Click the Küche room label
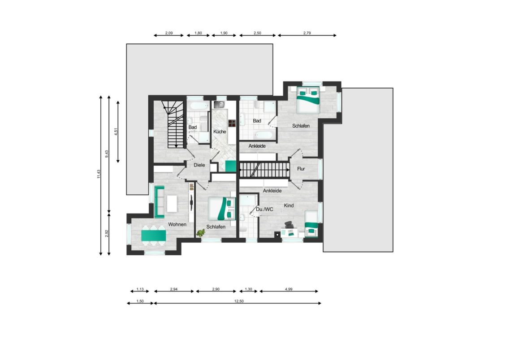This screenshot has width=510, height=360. [x=220, y=132]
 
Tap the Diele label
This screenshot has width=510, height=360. [x=199, y=165]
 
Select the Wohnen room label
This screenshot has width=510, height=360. [x=177, y=224]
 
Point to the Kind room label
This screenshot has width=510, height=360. [x=289, y=206]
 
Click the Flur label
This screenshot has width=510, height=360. [x=301, y=169]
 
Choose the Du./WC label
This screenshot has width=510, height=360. [x=264, y=209]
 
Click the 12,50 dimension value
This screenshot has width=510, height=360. [x=239, y=301]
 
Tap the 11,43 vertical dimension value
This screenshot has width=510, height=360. [x=99, y=174]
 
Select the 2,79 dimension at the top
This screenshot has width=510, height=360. [x=307, y=33]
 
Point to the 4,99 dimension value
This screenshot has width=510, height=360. [x=289, y=289]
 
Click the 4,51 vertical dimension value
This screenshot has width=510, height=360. [x=116, y=132]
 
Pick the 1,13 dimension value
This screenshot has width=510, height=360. [x=140, y=289]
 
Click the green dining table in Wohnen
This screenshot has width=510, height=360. [x=154, y=235]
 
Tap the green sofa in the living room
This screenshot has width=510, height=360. [x=159, y=201]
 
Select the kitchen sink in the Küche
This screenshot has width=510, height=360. [x=219, y=104]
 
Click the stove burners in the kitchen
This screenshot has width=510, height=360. [x=232, y=123]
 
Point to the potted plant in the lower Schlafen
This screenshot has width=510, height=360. [x=201, y=233]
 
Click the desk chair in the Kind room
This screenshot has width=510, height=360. [x=289, y=225]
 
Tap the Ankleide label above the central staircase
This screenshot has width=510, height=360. [x=257, y=146]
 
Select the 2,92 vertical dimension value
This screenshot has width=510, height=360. [x=107, y=234]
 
